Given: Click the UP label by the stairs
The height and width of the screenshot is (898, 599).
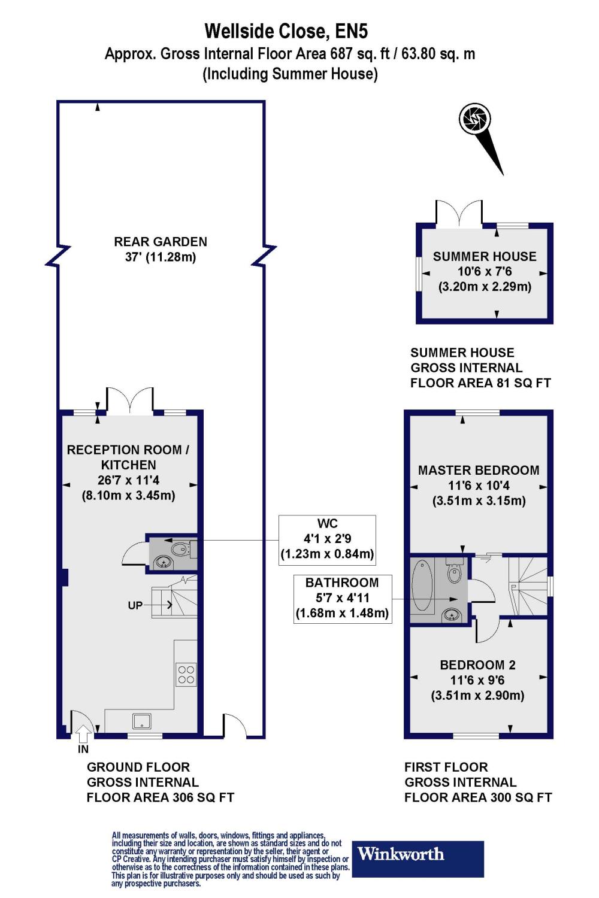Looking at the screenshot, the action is (x=135, y=605).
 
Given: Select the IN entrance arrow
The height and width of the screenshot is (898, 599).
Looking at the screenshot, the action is (x=83, y=734).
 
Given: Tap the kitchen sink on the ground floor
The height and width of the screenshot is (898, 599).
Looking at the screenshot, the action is (x=142, y=721).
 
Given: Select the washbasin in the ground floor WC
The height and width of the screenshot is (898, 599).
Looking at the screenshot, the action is (x=164, y=562).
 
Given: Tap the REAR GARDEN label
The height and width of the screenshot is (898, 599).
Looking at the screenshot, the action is (x=161, y=242).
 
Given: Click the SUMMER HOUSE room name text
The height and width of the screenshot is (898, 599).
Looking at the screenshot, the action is (x=484, y=257).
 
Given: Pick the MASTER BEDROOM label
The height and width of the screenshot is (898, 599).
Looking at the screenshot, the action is (x=479, y=470).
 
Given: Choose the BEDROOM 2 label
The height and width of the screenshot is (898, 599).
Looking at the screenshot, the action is (x=477, y=665).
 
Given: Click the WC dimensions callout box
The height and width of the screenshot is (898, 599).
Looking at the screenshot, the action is (x=328, y=540).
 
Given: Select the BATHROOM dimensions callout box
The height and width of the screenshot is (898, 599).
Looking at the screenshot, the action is (x=342, y=599).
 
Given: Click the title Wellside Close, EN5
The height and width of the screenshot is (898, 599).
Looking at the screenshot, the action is (x=286, y=31).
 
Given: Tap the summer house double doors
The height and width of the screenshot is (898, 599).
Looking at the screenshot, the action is (x=459, y=214).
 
